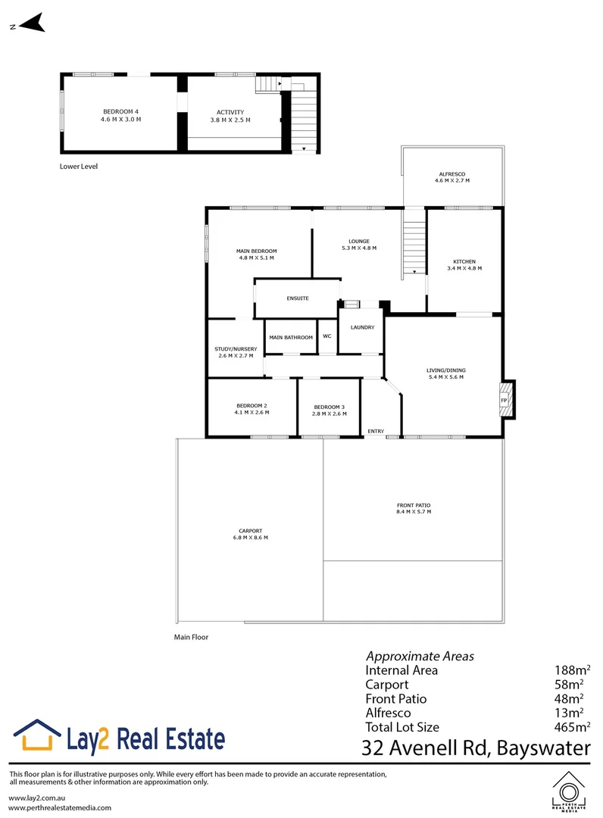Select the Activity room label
pyautogui.click(x=230, y=112)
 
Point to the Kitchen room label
pyautogui.click(x=464, y=261)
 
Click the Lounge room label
pyautogui.click(x=359, y=242)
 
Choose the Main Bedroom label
pyautogui.click(x=257, y=251)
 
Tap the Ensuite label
pyautogui.click(x=297, y=298)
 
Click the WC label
pyautogui.click(x=327, y=336)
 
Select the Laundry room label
pyautogui.click(x=362, y=327)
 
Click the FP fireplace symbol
pyautogui.click(x=504, y=399)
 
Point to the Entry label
pyautogui.click(x=376, y=431)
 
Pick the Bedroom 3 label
pyautogui.click(x=330, y=406)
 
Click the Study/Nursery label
pyautogui.click(x=236, y=348)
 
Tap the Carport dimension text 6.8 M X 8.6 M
pyautogui.click(x=251, y=538)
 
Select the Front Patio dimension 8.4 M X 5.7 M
pyautogui.click(x=413, y=512)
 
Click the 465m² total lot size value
pyautogui.click(x=572, y=727)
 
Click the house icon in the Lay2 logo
pyautogui.click(x=37, y=736)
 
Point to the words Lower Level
pyautogui.click(x=79, y=166)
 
